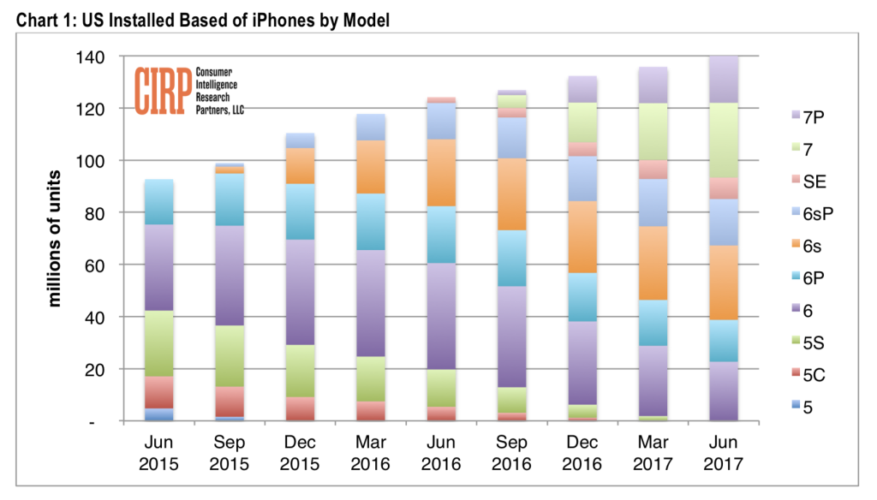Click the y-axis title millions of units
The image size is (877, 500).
coord(57,239)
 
